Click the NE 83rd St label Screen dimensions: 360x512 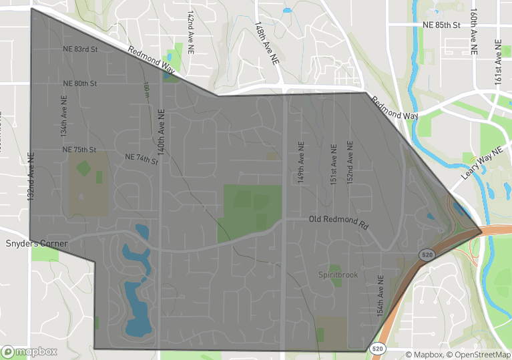pos(80,49)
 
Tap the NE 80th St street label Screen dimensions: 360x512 pos(80,83)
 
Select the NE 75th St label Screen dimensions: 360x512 pos(79,150)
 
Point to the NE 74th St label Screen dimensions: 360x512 pos(142,159)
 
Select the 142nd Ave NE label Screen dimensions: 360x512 pos(191,27)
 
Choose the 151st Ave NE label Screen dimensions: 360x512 pos(332,163)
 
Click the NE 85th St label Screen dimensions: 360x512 pos(442,25)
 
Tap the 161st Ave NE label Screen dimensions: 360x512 pos(498,61)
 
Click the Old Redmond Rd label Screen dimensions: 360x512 pos(338,222)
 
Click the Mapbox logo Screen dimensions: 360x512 pos(30,351)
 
